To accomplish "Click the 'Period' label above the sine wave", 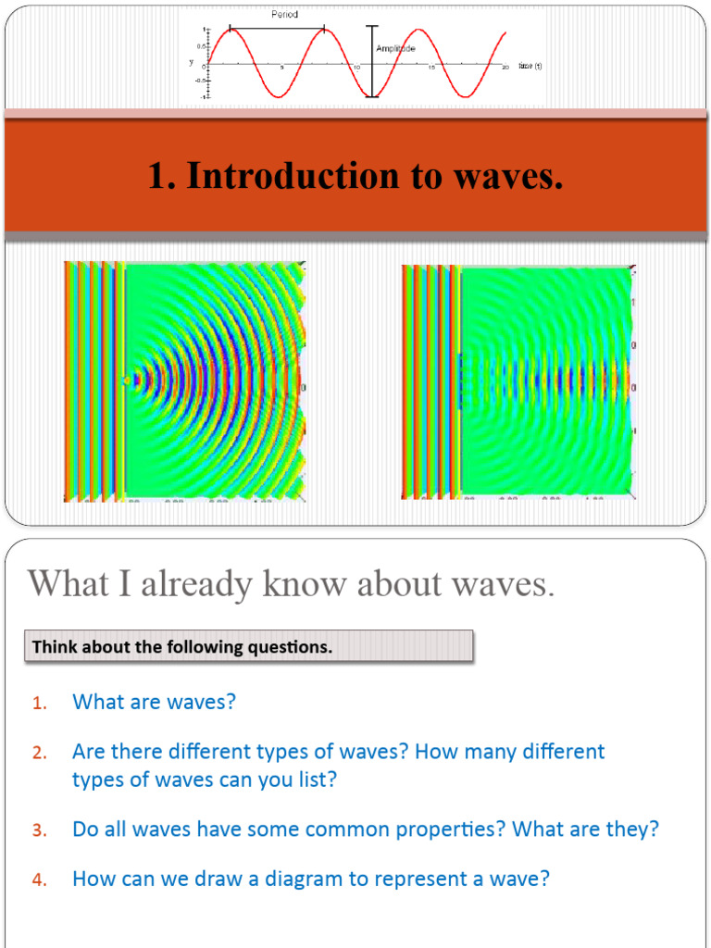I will (x=284, y=15).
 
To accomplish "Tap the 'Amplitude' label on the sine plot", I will (x=395, y=48).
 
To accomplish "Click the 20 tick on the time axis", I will (x=505, y=69).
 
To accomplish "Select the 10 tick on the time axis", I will (x=356, y=69).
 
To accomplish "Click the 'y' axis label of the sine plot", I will (x=191, y=62).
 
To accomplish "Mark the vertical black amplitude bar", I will (x=372, y=60).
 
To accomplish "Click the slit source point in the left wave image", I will (x=127, y=379).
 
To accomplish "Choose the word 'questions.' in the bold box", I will (x=287, y=647).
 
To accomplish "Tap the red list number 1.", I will (x=39, y=704).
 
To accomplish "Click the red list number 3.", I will (x=39, y=830).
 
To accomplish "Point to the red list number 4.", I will (x=39, y=880).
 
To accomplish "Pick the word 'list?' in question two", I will (x=314, y=780).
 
